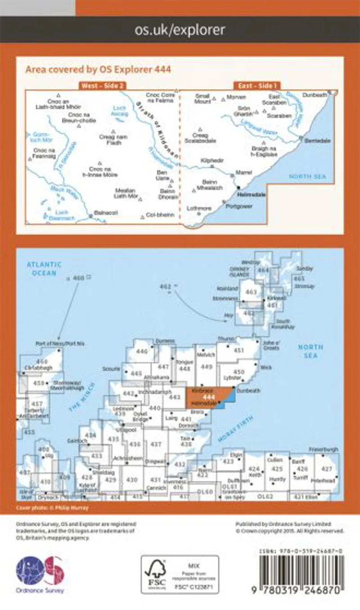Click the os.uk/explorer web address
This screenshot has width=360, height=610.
click(x=180, y=30)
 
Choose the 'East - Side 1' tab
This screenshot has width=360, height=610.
click(x=257, y=86)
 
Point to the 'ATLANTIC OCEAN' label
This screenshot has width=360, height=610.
click(x=44, y=269)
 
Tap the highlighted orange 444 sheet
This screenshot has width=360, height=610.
click(x=207, y=398)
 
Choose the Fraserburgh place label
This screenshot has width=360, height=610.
click(x=323, y=449)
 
